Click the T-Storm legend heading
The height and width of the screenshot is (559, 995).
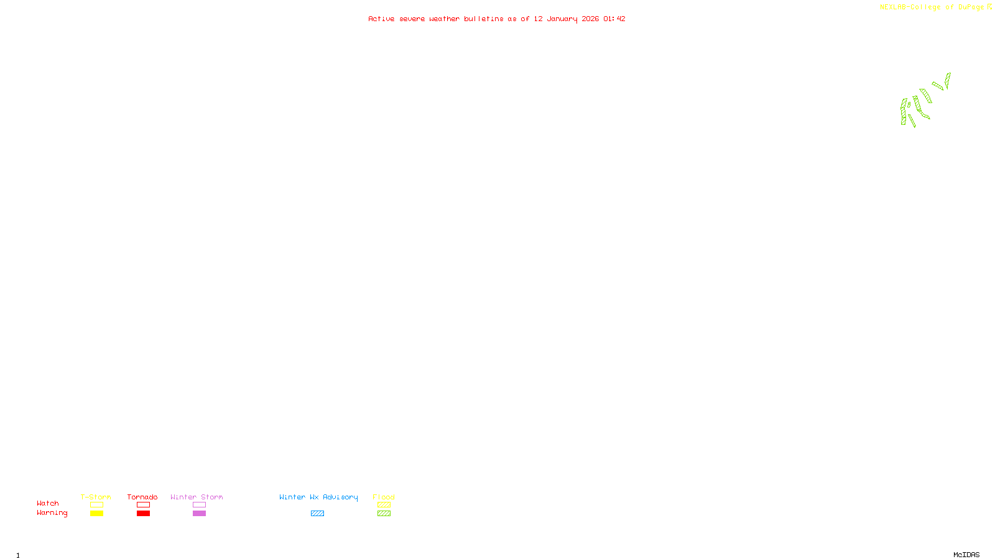click(x=96, y=497)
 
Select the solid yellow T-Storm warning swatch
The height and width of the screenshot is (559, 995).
click(x=96, y=514)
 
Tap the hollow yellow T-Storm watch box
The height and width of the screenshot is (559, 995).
click(x=96, y=505)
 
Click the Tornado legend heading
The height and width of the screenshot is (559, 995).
click(x=142, y=497)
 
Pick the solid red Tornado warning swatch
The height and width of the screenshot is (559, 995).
click(x=143, y=514)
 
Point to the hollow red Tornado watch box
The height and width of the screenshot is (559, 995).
click(x=143, y=505)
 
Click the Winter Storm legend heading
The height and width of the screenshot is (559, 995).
click(x=197, y=497)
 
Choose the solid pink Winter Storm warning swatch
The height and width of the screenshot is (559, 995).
click(x=199, y=514)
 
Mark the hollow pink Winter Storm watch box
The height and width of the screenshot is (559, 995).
click(x=199, y=505)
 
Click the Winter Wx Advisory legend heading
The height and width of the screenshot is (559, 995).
click(x=318, y=497)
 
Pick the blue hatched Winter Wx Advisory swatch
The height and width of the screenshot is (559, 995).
click(x=317, y=514)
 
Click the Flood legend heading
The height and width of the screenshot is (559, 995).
click(x=384, y=497)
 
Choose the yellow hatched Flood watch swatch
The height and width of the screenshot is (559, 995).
click(x=384, y=505)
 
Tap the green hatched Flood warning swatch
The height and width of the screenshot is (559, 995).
click(x=384, y=514)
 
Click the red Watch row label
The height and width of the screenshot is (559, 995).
click(x=48, y=504)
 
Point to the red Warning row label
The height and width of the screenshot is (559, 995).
click(x=52, y=513)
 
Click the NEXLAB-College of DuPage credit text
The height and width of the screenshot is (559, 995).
click(x=932, y=7)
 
